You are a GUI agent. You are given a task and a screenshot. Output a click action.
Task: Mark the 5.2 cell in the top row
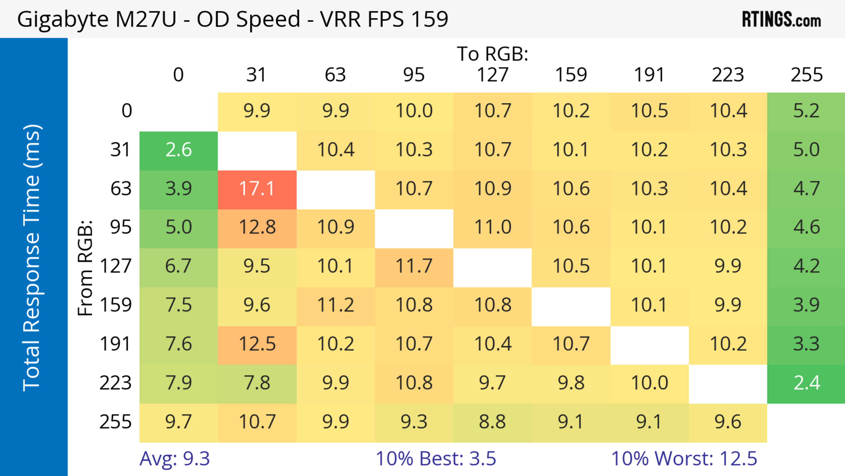(x=806, y=111)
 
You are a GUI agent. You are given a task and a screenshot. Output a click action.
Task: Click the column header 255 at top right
(x=806, y=75)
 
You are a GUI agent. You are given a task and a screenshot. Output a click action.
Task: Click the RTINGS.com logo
(x=781, y=20)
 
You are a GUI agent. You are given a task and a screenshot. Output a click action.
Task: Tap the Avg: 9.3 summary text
(x=175, y=459)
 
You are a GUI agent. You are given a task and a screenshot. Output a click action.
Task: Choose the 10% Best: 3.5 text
(x=436, y=459)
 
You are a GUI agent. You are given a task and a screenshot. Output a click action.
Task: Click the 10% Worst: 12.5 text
(x=684, y=459)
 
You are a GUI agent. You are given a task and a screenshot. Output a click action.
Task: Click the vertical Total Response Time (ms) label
(x=32, y=258)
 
